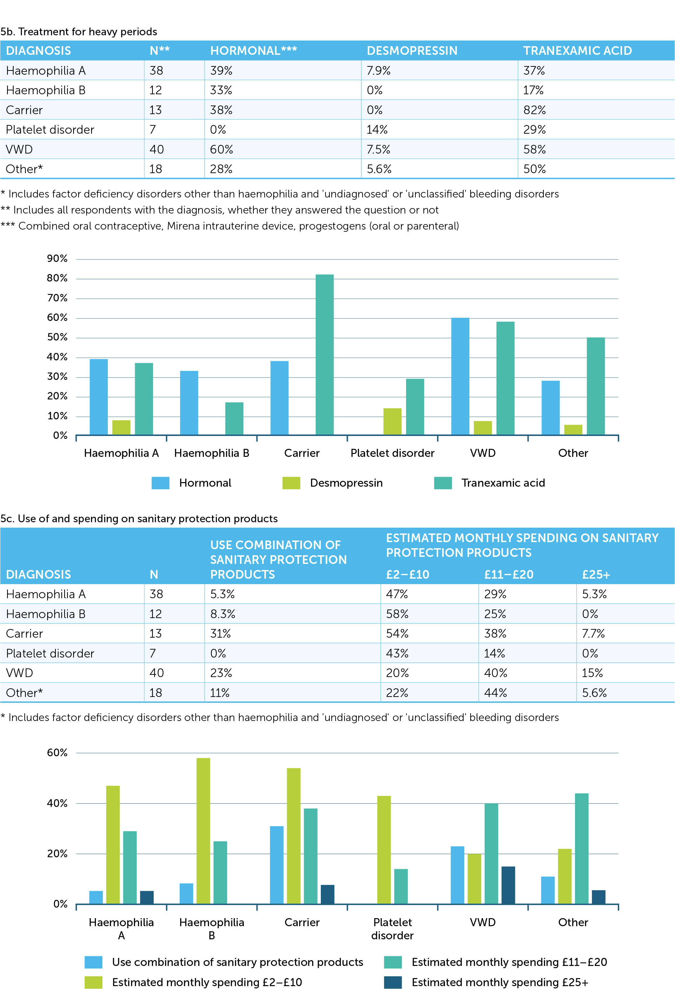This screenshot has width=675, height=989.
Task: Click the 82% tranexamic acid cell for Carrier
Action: click(534, 110)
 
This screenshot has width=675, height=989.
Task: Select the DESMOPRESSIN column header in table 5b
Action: click(412, 51)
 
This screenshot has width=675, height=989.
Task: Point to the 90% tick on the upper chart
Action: click(57, 259)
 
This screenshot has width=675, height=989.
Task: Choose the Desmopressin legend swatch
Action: click(291, 483)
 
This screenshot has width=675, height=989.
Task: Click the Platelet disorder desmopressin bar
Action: click(392, 421)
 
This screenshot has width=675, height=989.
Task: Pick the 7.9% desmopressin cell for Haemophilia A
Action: click(378, 71)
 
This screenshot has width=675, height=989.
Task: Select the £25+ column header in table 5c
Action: click(596, 574)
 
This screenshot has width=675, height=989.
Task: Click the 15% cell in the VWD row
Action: click(592, 673)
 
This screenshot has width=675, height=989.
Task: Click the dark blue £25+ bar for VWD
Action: click(508, 885)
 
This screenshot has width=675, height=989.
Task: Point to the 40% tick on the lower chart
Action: click(57, 803)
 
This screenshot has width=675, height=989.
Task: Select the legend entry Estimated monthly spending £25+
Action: click(500, 982)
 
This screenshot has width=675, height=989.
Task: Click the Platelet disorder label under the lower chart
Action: click(392, 929)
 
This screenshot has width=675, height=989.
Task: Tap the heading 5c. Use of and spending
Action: click(139, 518)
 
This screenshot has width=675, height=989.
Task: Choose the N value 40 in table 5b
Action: click(156, 149)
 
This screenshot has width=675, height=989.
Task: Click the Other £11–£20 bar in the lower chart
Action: click(581, 849)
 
